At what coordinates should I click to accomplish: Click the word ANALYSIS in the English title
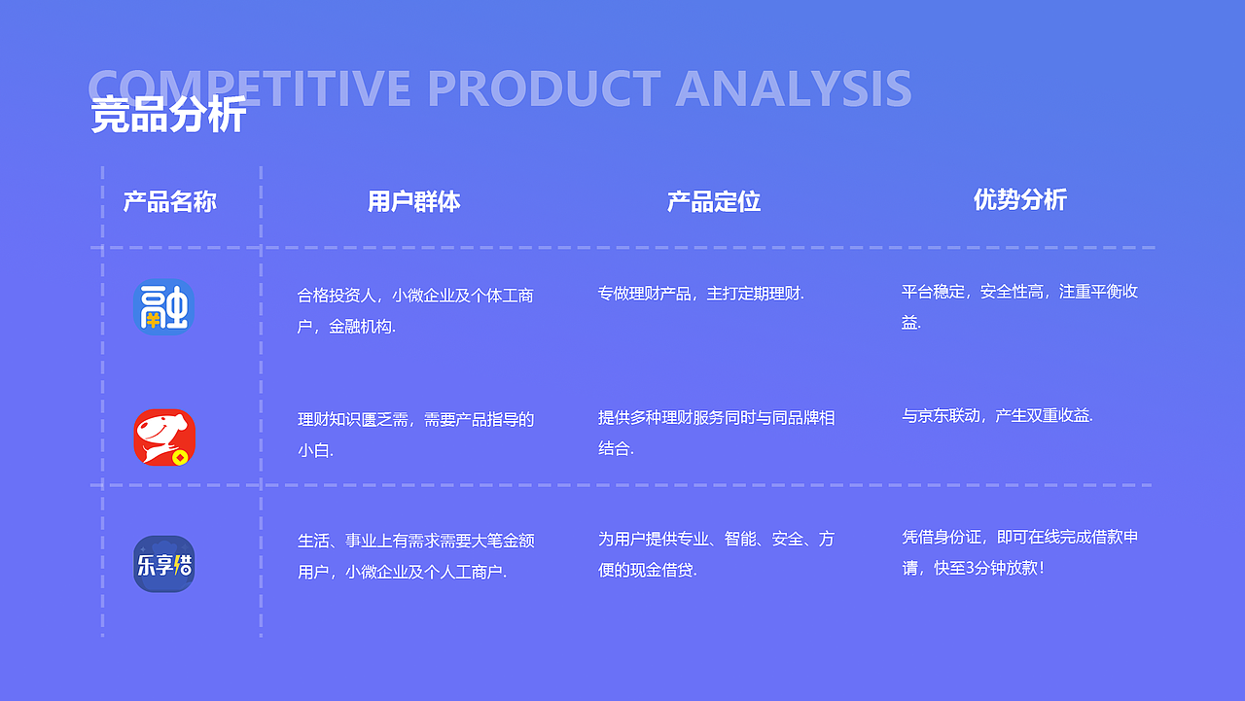[x=793, y=88]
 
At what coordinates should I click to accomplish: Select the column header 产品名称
[x=169, y=202]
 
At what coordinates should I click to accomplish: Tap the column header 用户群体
[x=413, y=201]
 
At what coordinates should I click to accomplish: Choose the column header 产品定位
[x=713, y=201]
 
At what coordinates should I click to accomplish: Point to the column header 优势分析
[x=1019, y=200]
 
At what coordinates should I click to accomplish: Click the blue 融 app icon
[x=163, y=308]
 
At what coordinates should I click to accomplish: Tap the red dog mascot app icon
[x=164, y=438]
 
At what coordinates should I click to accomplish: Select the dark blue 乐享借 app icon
[x=163, y=564]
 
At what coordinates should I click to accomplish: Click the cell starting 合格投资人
[x=415, y=310]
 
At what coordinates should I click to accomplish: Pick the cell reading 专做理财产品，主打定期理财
[x=700, y=293]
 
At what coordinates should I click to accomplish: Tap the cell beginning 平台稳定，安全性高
[x=1018, y=306]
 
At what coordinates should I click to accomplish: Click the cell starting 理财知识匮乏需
[x=415, y=435]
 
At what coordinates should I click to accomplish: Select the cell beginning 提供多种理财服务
[x=716, y=433]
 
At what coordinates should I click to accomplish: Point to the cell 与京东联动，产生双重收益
[x=997, y=415]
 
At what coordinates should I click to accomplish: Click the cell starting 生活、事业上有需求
[x=415, y=555]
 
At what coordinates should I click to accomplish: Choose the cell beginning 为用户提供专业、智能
[x=716, y=554]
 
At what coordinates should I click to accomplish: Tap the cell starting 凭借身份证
[x=1019, y=551]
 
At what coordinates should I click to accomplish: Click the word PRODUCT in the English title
[x=544, y=88]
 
